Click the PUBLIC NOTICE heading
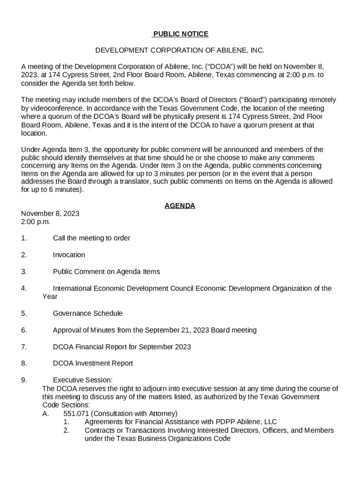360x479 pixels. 180,34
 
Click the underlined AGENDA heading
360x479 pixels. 180,206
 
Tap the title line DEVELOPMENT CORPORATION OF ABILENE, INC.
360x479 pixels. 180,50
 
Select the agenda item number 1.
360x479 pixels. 24,238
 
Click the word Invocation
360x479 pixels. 69,255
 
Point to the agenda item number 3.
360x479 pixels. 24,271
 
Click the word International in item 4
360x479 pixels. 73,288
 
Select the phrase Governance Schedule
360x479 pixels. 87,313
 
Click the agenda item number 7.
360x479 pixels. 24,347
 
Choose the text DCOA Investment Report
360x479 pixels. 93,363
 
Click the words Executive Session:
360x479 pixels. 83,380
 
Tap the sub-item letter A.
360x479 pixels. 46,414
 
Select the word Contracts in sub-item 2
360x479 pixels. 100,430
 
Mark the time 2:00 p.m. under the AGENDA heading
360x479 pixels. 36,222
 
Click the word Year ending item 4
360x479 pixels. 50,297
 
